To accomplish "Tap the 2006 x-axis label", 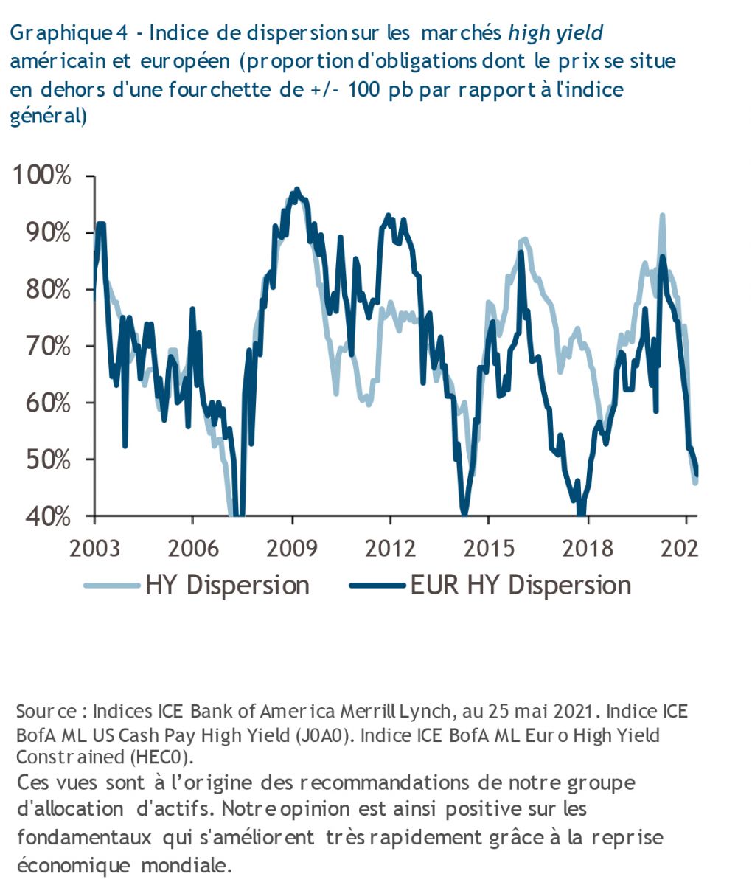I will (192, 548).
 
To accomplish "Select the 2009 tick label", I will (292, 548).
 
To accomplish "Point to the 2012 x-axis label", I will (391, 548).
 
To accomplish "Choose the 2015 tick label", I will (489, 548).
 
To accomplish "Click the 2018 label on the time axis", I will (588, 548).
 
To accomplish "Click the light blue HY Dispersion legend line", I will (111, 586).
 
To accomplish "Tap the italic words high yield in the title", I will (556, 33).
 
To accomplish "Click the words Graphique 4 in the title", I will (71, 33).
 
